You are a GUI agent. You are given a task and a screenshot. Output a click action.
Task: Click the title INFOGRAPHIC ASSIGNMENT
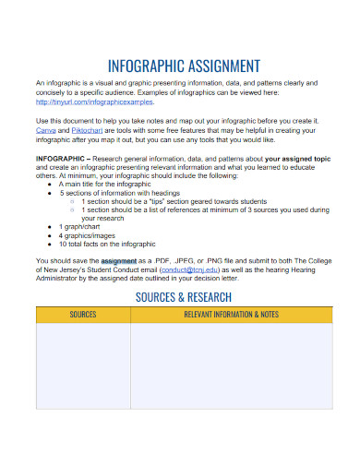tap(184, 66)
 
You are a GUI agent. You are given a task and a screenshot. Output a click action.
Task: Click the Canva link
tap(44, 129)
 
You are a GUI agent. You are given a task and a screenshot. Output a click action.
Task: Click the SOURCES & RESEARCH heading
tap(184, 297)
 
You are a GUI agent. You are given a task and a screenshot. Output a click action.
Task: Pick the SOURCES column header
tap(83, 316)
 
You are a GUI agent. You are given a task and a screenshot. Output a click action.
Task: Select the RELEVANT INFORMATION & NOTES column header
tap(231, 316)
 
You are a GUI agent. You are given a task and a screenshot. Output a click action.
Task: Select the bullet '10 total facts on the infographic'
tap(107, 244)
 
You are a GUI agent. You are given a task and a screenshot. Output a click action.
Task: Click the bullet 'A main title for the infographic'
tap(105, 184)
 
